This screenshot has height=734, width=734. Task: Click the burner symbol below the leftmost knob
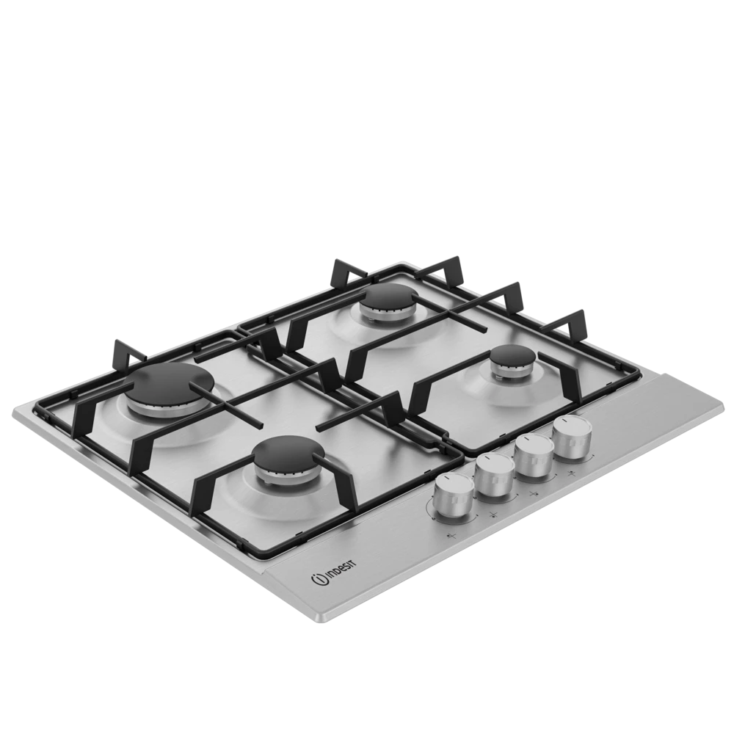click(451, 536)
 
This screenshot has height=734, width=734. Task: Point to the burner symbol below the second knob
click(493, 515)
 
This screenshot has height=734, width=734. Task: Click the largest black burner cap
click(169, 385)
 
